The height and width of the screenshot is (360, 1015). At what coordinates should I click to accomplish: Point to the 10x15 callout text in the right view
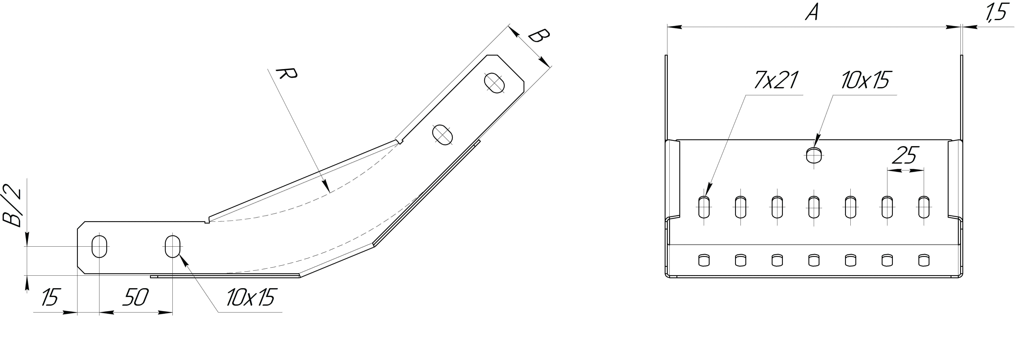(865, 80)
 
